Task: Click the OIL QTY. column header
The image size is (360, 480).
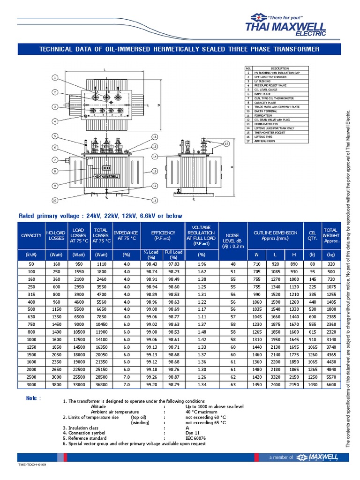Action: pos(312,235)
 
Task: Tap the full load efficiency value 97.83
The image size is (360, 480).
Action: pos(173,264)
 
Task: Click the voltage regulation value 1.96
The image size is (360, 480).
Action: pos(202,264)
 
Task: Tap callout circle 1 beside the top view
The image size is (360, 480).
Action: pos(55,77)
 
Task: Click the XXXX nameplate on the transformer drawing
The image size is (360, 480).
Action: pos(106,167)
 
